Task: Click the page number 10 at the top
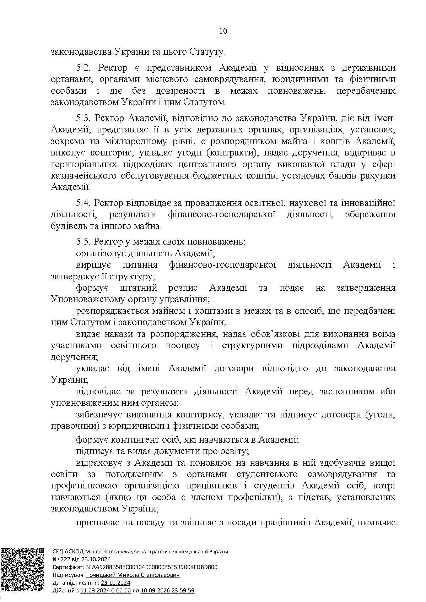point(223,31)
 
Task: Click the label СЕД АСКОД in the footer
point(68,551)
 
